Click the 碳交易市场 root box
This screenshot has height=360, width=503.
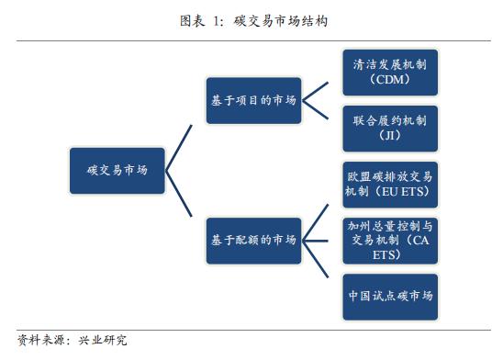pos(117,171)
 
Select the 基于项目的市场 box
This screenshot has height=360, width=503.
pos(251,100)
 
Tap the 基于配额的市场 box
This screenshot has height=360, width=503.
pos(251,240)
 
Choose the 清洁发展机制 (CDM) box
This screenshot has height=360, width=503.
pos(390,73)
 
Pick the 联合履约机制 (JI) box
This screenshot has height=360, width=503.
pos(390,128)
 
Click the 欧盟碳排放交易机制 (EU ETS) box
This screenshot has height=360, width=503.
pos(390,184)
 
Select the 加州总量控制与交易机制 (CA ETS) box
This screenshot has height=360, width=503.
pos(390,240)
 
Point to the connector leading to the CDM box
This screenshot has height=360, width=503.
pos(320,87)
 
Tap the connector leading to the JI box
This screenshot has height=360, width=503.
pos(320,113)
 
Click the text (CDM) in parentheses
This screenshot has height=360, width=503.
pos(390,81)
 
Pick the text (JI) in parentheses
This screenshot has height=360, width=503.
pos(390,135)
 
